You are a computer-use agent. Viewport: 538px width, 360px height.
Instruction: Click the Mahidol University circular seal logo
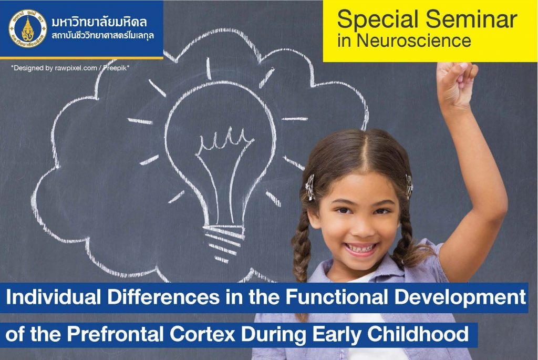click(27, 28)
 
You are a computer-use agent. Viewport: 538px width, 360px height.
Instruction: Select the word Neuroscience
click(414, 41)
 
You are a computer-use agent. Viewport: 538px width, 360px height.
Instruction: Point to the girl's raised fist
click(457, 83)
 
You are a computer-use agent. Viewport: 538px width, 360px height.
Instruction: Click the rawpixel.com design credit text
click(70, 68)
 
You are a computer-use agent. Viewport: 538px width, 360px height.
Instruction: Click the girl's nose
click(363, 227)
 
